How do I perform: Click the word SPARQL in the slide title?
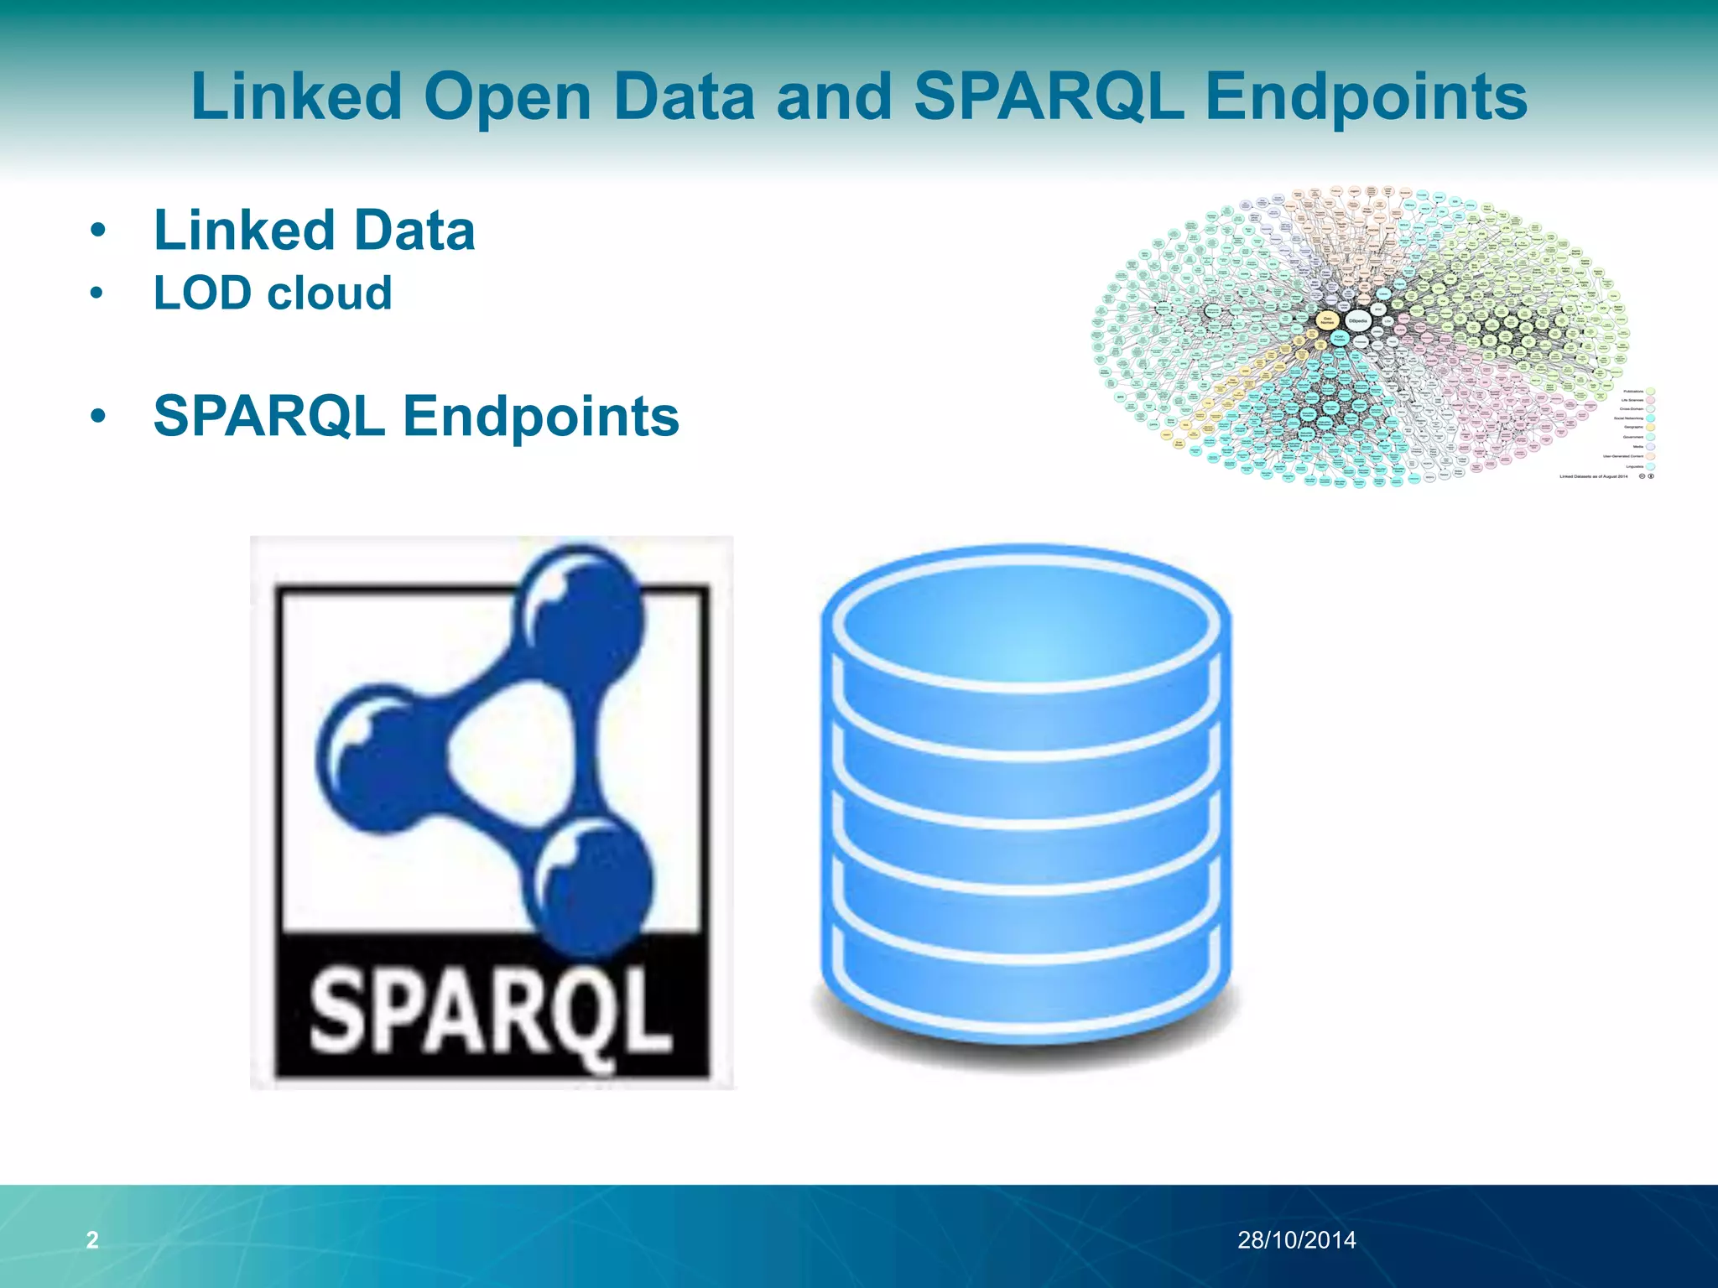click(x=1049, y=96)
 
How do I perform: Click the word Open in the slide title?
click(x=508, y=96)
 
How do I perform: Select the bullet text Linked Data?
click(x=314, y=230)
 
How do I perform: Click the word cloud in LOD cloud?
click(x=329, y=293)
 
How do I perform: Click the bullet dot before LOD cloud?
click(x=97, y=293)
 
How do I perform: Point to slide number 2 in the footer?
click(x=92, y=1239)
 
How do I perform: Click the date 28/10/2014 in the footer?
click(x=1296, y=1239)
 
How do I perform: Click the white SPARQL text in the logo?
click(x=491, y=1015)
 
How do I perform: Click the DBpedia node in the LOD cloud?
click(x=1357, y=320)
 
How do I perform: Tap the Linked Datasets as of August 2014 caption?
click(x=1593, y=476)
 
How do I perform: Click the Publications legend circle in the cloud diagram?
click(x=1650, y=391)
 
